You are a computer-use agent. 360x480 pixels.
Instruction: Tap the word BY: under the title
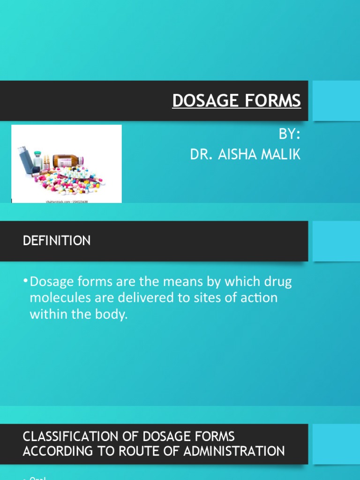289,134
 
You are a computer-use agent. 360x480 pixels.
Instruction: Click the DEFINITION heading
57,241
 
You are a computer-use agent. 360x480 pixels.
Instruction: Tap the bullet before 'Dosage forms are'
25,282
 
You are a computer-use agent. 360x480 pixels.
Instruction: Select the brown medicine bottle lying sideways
67,161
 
